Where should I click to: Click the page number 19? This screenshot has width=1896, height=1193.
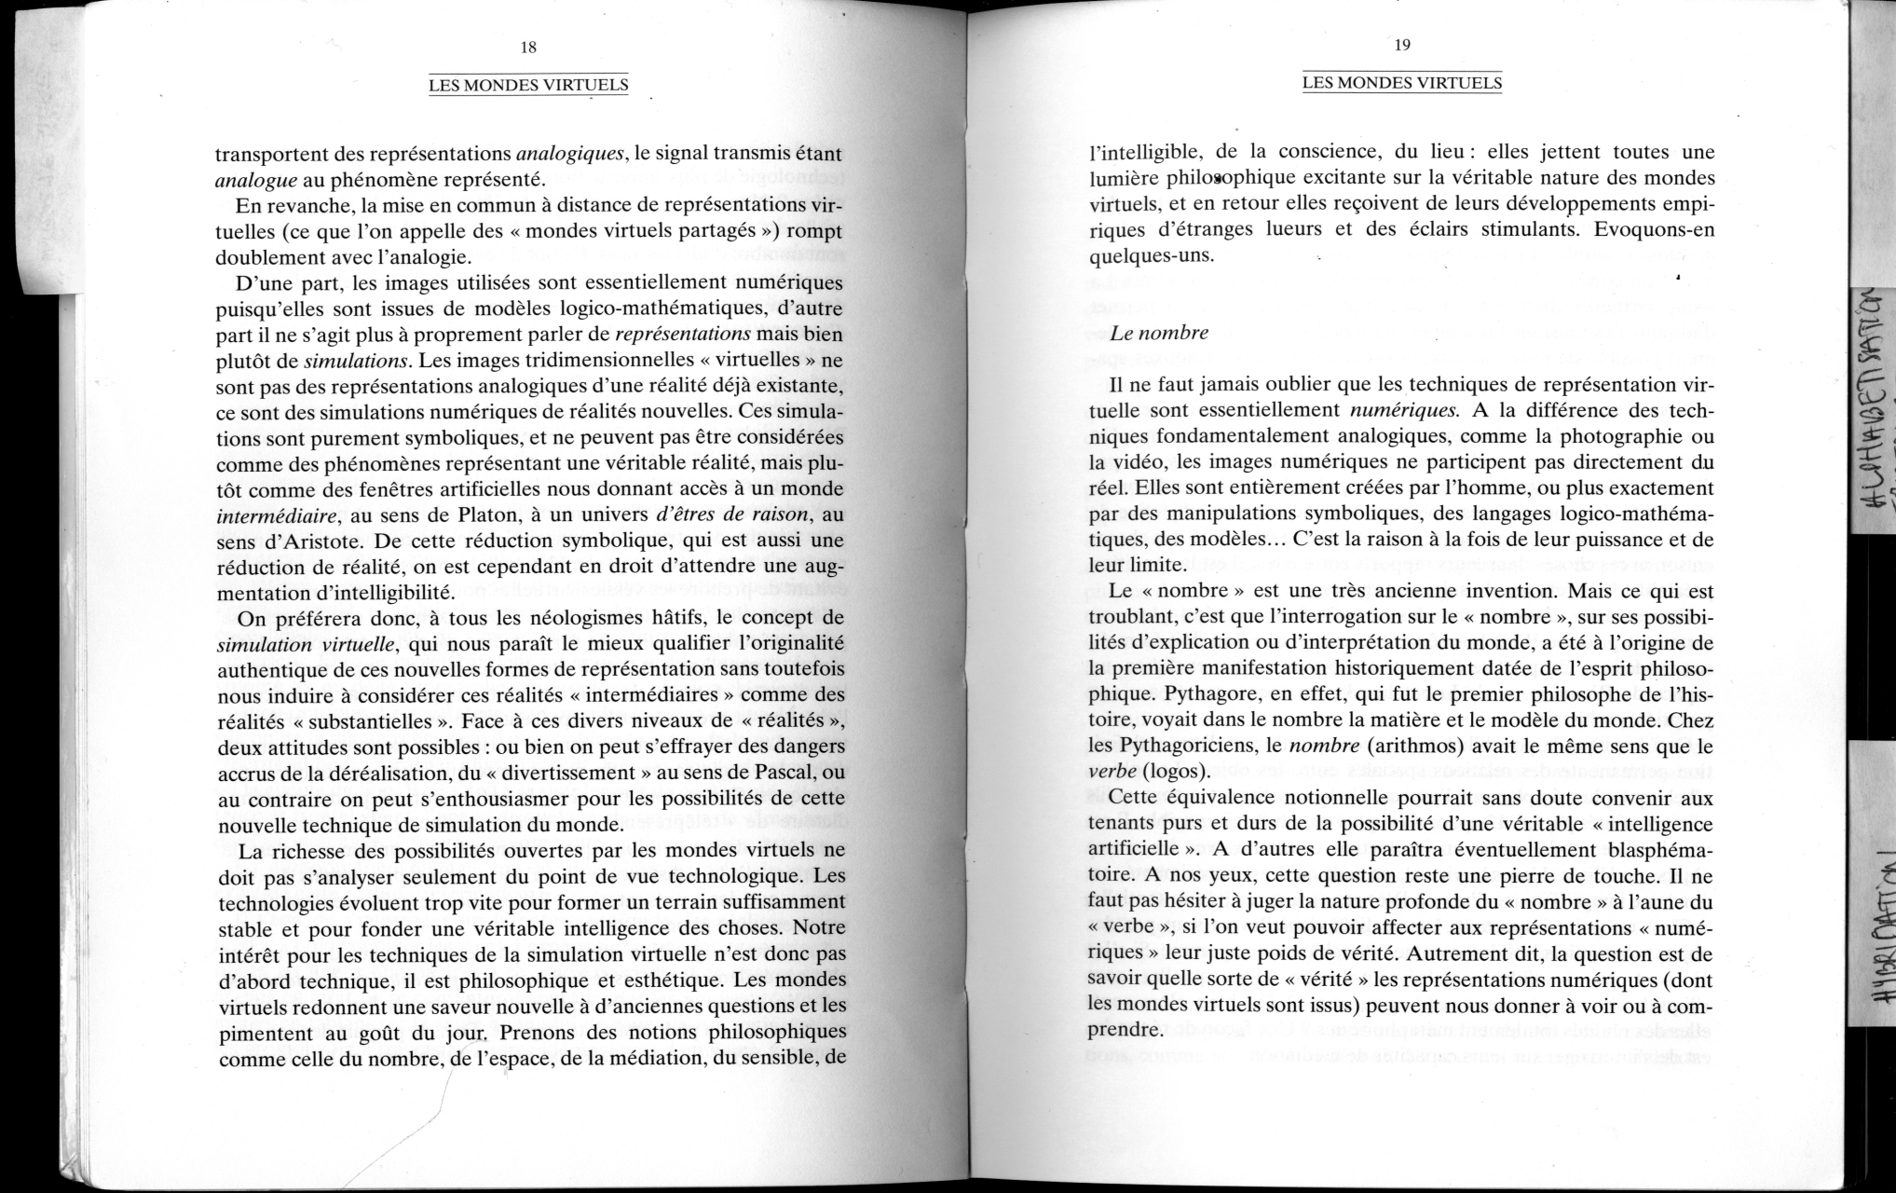tap(1402, 46)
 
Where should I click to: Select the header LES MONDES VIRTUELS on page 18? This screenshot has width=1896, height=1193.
tap(528, 86)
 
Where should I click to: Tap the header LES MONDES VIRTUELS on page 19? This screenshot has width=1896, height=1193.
tap(1402, 83)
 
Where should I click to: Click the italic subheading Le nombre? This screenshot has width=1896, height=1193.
tap(1159, 333)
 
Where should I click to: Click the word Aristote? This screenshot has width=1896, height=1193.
tap(302, 541)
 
